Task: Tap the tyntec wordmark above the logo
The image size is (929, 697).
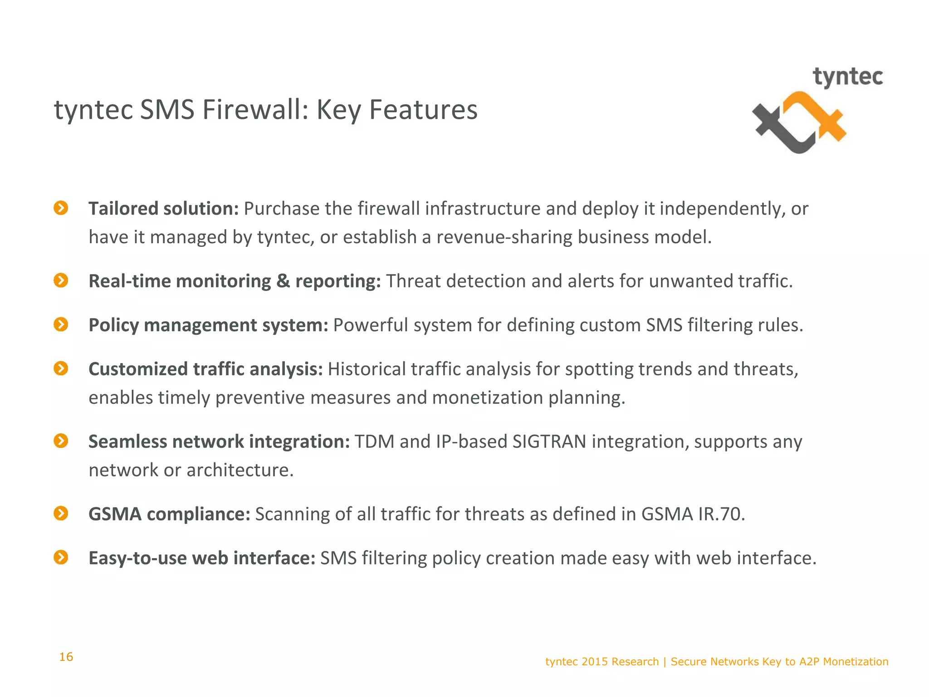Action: coord(847,77)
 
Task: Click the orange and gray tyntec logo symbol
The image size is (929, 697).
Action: coord(799,123)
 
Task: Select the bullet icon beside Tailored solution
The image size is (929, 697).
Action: coord(61,208)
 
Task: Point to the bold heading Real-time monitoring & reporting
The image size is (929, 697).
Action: coord(234,281)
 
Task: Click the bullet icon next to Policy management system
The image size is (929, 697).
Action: coord(61,324)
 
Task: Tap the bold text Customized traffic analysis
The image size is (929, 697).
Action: coord(205,369)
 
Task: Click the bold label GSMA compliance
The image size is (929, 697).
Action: coord(169,514)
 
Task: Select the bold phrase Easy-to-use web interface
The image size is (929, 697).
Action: coord(201,558)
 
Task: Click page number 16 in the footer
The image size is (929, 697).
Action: coord(66,657)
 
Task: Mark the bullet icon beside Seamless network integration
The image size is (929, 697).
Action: coord(61,441)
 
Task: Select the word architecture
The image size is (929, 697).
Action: coord(240,470)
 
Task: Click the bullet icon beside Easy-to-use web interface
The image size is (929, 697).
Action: coord(61,557)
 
